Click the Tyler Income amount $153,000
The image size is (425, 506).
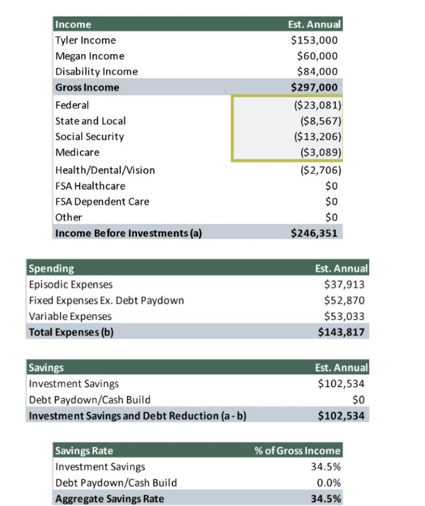point(314,40)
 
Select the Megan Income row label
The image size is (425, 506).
point(90,56)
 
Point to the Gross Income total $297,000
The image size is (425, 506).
point(314,87)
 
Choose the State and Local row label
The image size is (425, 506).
point(90,121)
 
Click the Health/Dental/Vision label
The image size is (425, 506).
point(105,170)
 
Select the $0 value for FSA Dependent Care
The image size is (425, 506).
point(331,201)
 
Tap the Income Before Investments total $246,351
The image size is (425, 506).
point(314,233)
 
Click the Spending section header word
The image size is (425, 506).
point(51,269)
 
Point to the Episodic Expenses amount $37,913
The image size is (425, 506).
point(344,285)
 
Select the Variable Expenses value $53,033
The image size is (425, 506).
point(344,316)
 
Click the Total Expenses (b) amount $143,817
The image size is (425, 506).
point(341,332)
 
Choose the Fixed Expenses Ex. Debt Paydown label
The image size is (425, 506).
point(106,300)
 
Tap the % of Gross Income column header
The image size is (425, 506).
point(297,450)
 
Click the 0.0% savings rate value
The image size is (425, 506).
point(329,483)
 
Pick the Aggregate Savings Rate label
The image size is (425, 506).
point(110,499)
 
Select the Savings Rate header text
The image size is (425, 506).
point(84,450)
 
